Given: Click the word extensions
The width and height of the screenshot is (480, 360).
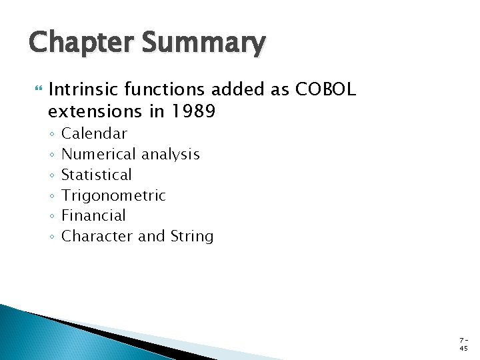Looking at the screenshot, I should pos(97,111).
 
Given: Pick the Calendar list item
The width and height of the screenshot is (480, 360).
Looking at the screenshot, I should pos(94,133).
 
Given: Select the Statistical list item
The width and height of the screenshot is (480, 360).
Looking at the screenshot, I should pos(97,175).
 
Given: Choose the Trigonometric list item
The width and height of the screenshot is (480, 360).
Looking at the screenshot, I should pos(113,195).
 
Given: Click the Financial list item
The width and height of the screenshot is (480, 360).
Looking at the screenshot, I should pos(93,215).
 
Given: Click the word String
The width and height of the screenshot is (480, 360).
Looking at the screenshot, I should pos(192,236).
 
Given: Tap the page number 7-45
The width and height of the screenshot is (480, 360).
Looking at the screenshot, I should pos(464,344).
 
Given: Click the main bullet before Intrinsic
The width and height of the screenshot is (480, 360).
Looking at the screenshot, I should pos(36,89).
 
